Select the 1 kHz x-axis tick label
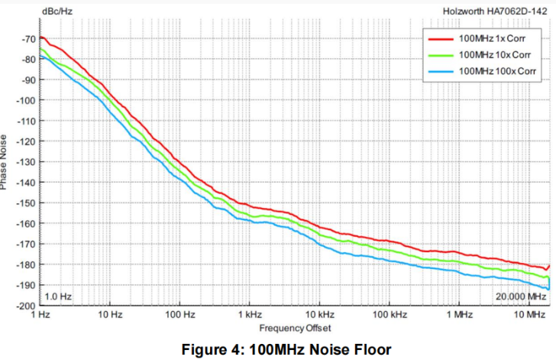tap(249, 315)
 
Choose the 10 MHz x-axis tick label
tap(528, 315)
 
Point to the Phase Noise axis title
tap(5, 161)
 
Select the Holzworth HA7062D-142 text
tap(496, 11)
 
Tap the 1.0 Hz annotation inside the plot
tap(59, 296)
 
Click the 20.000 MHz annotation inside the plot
tap(520, 296)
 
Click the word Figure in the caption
tap(202, 349)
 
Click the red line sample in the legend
tap(441, 37)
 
